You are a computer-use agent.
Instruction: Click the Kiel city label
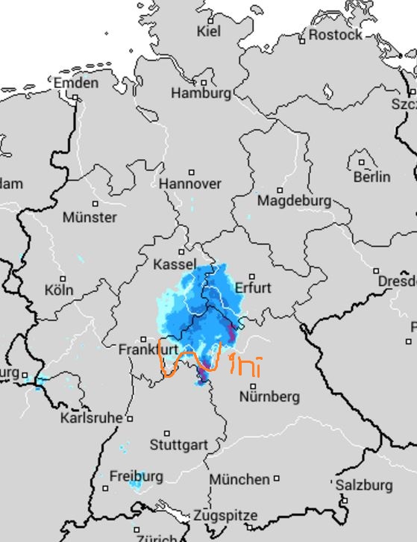pyautogui.click(x=209, y=31)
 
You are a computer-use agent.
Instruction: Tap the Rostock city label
pyautogui.click(x=335, y=34)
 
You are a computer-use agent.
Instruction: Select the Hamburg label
pyautogui.click(x=201, y=93)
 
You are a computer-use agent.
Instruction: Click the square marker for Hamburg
pyautogui.click(x=204, y=82)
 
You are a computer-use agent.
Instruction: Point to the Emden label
pyautogui.click(x=76, y=83)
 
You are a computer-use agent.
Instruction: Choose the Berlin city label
pyautogui.click(x=371, y=177)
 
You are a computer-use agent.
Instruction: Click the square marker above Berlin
pyautogui.click(x=362, y=162)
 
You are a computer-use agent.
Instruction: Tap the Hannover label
pyautogui.click(x=190, y=184)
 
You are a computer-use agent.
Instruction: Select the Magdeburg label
pyautogui.click(x=294, y=201)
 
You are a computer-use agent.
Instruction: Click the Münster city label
pyautogui.click(x=90, y=217)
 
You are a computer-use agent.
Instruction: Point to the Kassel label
pyautogui.click(x=175, y=265)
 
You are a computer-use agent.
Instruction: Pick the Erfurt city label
pyautogui.click(x=253, y=288)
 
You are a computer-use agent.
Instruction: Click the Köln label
pyautogui.click(x=59, y=290)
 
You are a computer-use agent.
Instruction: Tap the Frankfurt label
pyautogui.click(x=148, y=349)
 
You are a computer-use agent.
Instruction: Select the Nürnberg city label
pyautogui.click(x=269, y=396)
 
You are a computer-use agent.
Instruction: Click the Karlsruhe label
pyautogui.click(x=91, y=417)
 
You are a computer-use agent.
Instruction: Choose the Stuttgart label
pyautogui.click(x=179, y=445)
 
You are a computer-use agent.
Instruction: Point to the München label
pyautogui.click(x=239, y=479)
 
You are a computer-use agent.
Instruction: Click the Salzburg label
pyautogui.click(x=363, y=485)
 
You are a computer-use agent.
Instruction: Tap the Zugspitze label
pyautogui.click(x=225, y=516)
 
